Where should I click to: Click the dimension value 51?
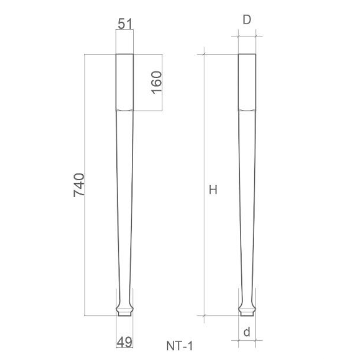pyautogui.click(x=125, y=24)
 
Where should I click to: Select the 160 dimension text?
pyautogui.click(x=156, y=82)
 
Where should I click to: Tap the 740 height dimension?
pyautogui.click(x=79, y=185)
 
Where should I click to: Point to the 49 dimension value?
pyautogui.click(x=124, y=342)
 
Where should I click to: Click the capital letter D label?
pyautogui.click(x=247, y=20)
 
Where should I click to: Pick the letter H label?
pyautogui.click(x=213, y=190)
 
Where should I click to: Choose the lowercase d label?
pyautogui.click(x=247, y=332)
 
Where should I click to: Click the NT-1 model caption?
pyautogui.click(x=180, y=346)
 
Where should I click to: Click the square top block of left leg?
pyautogui.click(x=125, y=82)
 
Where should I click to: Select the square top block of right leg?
pyautogui.click(x=247, y=82)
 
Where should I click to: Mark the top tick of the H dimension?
pyautogui.click(x=204, y=54)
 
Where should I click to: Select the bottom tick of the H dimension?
pyautogui.click(x=204, y=315)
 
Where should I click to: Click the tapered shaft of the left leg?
pyautogui.click(x=125, y=200)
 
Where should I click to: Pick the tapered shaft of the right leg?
pyautogui.click(x=247, y=200)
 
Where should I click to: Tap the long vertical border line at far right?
pyautogui.click(x=325, y=180)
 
